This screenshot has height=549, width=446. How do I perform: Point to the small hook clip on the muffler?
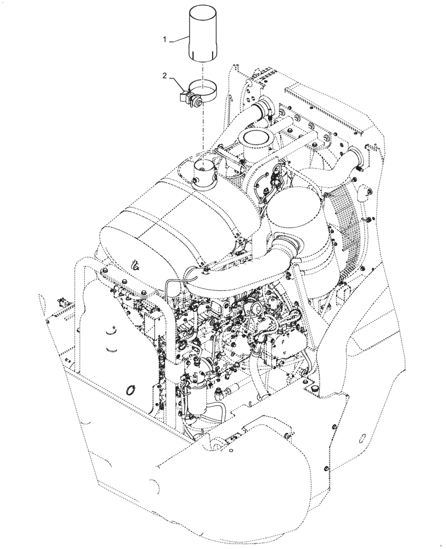click(135, 266)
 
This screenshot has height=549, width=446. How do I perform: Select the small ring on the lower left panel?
click(130, 390)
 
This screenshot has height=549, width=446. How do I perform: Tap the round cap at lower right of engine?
click(315, 389)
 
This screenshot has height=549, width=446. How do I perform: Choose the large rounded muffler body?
click(165, 220)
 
